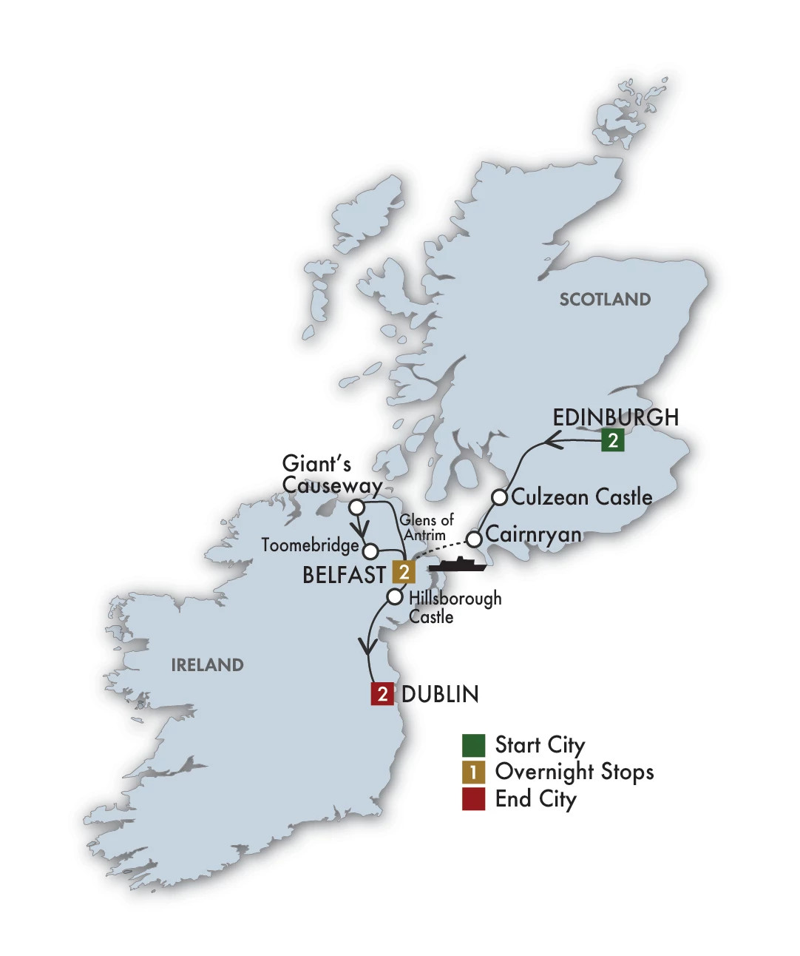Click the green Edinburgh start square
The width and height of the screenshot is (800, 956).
pos(612,440)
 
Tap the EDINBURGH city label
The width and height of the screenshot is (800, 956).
pos(615,417)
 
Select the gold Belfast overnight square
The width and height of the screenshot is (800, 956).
pos(404,572)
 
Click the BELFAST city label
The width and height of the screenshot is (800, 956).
pos(344,575)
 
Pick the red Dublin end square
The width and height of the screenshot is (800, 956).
pos(382,693)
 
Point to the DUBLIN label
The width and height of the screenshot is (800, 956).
pos(440,694)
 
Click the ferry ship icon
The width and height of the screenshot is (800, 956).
pos(458,565)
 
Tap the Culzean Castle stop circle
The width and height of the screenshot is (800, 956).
pos(500,496)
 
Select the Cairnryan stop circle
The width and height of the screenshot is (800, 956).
pos(474,538)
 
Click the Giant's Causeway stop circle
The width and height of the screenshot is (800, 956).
pos(356,508)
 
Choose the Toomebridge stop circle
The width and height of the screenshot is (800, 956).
pos(371,551)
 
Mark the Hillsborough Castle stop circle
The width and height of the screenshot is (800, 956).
pos(396,596)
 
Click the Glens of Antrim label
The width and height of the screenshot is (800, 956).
pos(426,527)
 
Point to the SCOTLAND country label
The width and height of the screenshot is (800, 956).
pos(605,300)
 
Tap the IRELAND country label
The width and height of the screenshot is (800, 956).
pos(207,665)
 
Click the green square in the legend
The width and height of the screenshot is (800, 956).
pos(473,745)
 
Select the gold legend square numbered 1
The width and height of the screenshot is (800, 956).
pos(473,772)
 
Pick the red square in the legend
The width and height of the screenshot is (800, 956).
pos(473,799)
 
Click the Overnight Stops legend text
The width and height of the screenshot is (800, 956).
pos(574,772)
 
